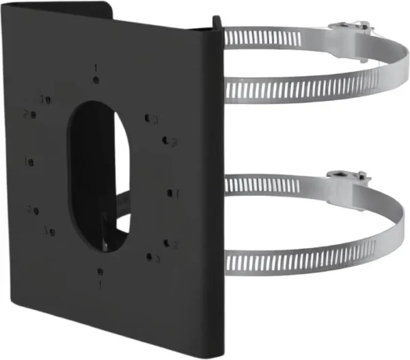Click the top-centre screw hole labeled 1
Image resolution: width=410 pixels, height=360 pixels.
coord(96,81)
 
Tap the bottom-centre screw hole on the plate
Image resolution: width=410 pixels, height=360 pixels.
coord(100,271)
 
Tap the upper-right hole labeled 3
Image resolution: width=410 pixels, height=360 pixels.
coord(148,118)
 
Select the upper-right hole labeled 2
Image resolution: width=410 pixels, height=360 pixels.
coord(166,141)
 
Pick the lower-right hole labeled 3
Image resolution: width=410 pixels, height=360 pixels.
coord(149,258)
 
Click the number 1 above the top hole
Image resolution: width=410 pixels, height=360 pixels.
coord(96,68)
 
